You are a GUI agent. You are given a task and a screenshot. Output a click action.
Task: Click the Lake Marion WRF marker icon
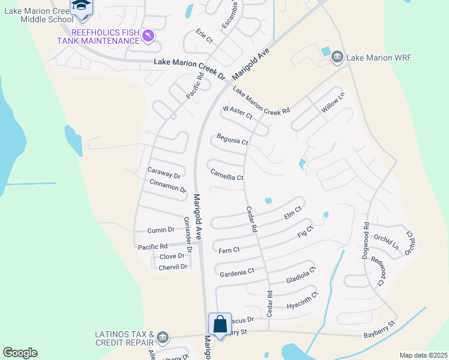(x=337, y=57)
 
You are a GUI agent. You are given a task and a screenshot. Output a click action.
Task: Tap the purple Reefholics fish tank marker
(x=148, y=37)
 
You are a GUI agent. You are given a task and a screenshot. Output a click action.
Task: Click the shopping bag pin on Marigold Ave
(x=220, y=324)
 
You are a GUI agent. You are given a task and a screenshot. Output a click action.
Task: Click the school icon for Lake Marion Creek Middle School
(x=80, y=6)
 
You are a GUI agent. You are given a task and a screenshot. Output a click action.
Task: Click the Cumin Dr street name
(x=161, y=229)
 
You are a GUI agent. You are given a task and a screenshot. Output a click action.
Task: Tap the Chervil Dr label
(x=173, y=266)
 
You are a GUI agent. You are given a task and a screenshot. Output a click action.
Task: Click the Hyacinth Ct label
(x=301, y=301)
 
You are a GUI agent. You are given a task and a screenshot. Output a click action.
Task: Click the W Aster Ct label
(x=237, y=112)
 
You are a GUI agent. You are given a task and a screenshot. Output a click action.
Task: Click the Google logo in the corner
(x=20, y=353)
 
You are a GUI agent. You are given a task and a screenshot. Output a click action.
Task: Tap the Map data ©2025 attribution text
(x=423, y=355)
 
